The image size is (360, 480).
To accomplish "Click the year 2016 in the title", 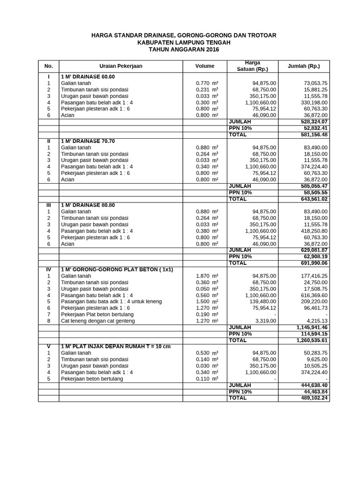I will pyautogui.click(x=211, y=49).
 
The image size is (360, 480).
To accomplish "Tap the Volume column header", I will pyautogui.click(x=205, y=66).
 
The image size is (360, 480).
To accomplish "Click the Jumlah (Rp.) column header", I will pyautogui.click(x=303, y=66).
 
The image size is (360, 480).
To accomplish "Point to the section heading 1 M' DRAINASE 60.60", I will pyautogui.click(x=88, y=76).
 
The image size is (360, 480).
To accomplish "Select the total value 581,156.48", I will pyautogui.click(x=312, y=135).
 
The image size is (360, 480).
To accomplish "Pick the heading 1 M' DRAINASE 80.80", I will pyautogui.click(x=88, y=205).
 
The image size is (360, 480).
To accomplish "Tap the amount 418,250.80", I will pyautogui.click(x=313, y=231).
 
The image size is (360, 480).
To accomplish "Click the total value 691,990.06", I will pyautogui.click(x=312, y=263).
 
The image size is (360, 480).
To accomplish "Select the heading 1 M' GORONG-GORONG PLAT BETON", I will pyautogui.click(x=117, y=270).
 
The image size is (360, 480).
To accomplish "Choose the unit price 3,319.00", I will pyautogui.click(x=265, y=321).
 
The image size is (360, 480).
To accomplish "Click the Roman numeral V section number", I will pyautogui.click(x=48, y=346).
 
